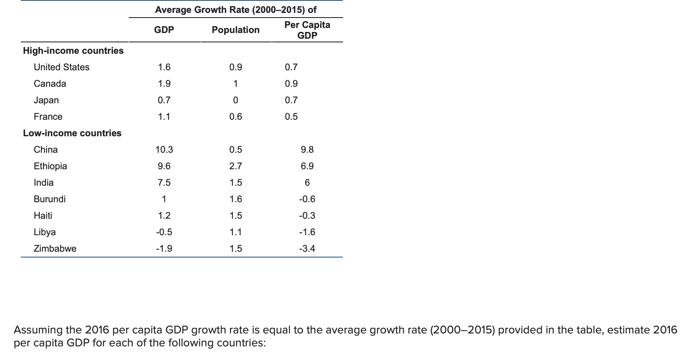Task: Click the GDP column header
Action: click(164, 30)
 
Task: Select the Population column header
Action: click(236, 30)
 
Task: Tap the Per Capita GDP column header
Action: click(307, 30)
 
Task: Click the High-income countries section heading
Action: click(73, 51)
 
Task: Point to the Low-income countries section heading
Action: click(72, 133)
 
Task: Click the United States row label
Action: click(61, 67)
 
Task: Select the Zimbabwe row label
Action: click(55, 248)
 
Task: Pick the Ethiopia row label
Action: click(50, 166)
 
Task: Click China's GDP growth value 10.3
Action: click(164, 150)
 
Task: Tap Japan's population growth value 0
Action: click(235, 100)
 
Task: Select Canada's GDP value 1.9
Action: click(164, 84)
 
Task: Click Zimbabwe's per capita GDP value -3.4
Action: click(307, 248)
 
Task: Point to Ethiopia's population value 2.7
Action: click(236, 166)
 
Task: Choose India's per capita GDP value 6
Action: click(307, 183)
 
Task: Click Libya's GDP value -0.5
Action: click(164, 232)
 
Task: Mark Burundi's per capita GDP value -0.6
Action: click(307, 199)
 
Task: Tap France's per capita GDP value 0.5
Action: click(291, 117)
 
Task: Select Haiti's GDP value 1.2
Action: click(164, 215)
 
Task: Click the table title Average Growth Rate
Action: click(236, 10)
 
